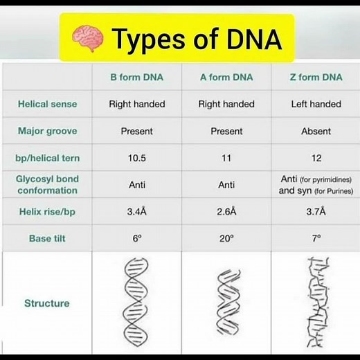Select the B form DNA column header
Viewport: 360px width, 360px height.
pos(136,78)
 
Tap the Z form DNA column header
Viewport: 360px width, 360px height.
pos(316,78)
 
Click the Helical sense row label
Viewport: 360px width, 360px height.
pos(47,105)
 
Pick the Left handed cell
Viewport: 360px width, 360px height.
pos(316,105)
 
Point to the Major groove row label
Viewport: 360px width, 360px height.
pos(47,131)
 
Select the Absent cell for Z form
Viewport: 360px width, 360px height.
pos(316,131)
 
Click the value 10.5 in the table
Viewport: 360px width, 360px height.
pos(136,158)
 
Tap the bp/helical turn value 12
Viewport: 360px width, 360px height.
pos(316,158)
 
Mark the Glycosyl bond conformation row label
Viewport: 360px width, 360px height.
pos(47,184)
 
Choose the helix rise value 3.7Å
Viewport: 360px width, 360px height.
pos(316,211)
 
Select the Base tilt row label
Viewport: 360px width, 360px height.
pos(47,238)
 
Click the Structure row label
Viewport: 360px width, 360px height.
pos(47,303)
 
